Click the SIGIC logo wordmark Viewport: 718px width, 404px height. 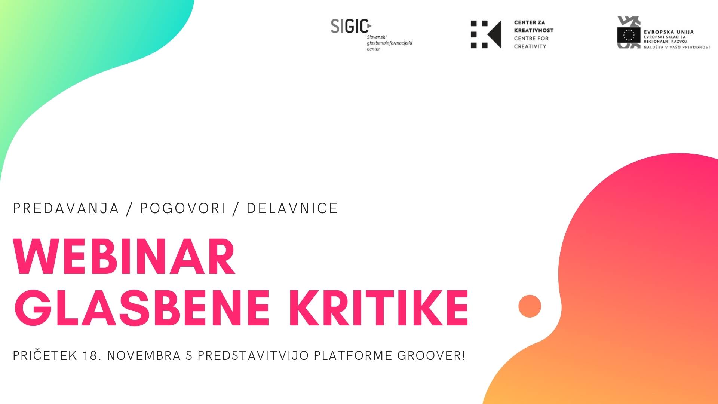coord(351,26)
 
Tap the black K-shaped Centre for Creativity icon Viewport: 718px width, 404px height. coord(485,34)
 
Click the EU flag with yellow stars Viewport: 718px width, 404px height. coord(629,35)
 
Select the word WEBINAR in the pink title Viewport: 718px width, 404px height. coord(124,257)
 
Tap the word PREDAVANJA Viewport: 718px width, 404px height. coord(66,208)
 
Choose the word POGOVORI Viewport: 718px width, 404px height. coord(183,208)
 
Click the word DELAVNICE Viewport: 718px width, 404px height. coord(292,208)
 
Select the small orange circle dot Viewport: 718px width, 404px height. coord(530,306)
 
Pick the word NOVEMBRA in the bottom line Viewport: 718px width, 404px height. coord(144,355)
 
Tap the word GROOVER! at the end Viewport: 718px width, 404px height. coord(431,355)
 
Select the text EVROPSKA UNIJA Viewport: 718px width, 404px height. coord(669,32)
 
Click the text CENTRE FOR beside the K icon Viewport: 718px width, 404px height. coord(531,38)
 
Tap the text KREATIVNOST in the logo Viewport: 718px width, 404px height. coord(534,30)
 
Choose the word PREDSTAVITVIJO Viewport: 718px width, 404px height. coord(253,355)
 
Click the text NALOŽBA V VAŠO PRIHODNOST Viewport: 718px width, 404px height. coord(677,47)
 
